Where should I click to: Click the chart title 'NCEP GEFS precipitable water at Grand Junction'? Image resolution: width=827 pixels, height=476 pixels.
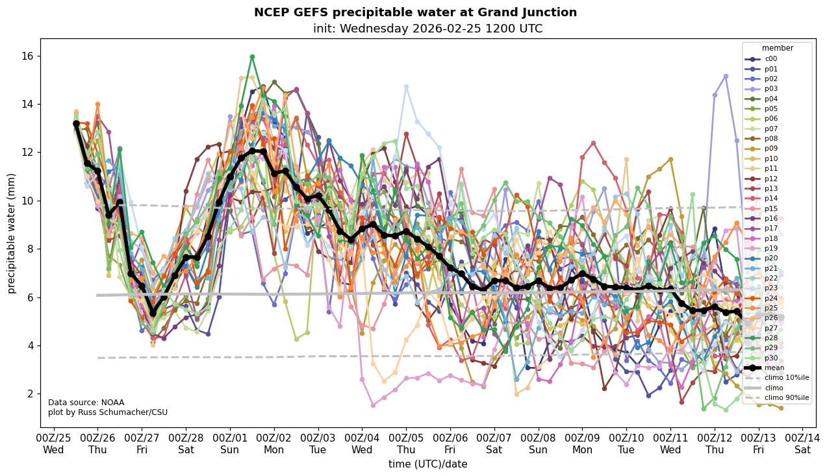coord(415,12)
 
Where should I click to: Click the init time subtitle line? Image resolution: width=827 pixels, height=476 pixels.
coord(427,29)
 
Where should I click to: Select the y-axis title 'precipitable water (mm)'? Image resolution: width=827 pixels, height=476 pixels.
coord(11,233)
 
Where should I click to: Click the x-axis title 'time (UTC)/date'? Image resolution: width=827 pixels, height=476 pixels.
coord(427,464)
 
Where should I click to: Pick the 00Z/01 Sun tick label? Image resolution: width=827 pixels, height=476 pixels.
coord(230,443)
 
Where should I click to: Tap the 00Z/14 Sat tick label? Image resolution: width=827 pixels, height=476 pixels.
coord(802,443)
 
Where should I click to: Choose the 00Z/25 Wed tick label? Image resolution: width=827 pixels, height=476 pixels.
coord(53,443)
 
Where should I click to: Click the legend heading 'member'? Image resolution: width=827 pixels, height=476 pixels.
coord(777,48)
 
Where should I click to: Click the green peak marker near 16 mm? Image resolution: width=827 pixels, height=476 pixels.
coord(252,57)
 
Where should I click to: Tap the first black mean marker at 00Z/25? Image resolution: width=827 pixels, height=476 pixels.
coord(76,123)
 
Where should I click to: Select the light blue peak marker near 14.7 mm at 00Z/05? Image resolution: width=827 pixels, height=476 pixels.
coord(406,87)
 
